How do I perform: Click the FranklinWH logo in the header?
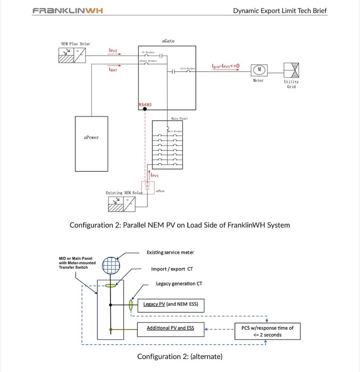68,10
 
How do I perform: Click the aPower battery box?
91,144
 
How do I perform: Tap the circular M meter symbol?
259,70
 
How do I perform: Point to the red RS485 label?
145,105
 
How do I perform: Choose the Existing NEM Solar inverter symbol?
122,204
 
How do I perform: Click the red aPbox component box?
147,187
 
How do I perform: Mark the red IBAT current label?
113,69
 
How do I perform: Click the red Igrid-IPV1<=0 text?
226,66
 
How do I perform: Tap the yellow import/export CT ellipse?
110,285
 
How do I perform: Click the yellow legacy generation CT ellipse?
131,304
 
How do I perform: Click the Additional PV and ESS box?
171,328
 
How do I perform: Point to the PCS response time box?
267,331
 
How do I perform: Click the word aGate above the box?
168,41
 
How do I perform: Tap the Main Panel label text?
179,119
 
